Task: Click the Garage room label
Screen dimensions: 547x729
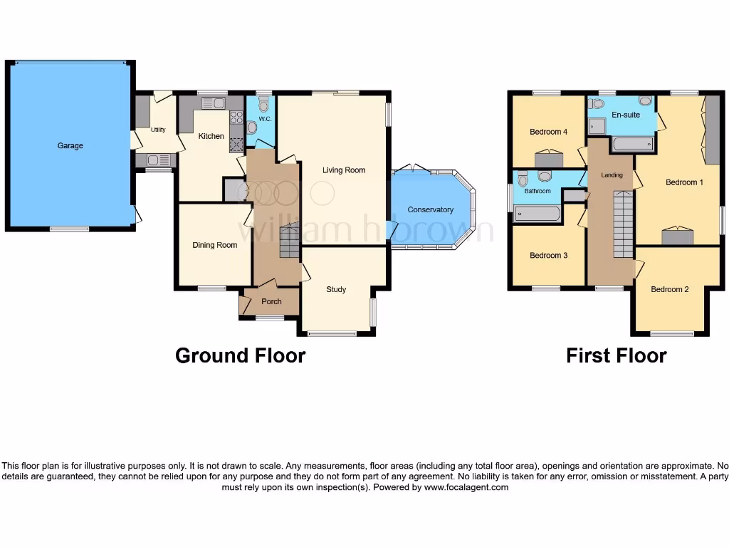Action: pyautogui.click(x=70, y=146)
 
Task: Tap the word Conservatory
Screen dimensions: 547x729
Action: pyautogui.click(x=430, y=210)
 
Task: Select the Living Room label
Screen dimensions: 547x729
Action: pyautogui.click(x=344, y=170)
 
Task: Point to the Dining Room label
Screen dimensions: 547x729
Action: pyautogui.click(x=214, y=246)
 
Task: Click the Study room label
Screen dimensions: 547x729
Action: pyautogui.click(x=336, y=290)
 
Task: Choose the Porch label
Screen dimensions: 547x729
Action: pyautogui.click(x=271, y=302)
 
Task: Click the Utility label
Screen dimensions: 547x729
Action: pyautogui.click(x=158, y=130)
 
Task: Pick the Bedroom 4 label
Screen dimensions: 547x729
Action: pyautogui.click(x=548, y=132)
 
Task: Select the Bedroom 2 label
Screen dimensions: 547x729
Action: pyautogui.click(x=670, y=289)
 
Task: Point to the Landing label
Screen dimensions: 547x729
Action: pyautogui.click(x=612, y=175)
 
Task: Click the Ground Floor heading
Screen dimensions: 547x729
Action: pyautogui.click(x=240, y=355)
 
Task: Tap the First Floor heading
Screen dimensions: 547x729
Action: pyautogui.click(x=616, y=355)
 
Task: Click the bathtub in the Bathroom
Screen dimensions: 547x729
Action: pyautogui.click(x=537, y=214)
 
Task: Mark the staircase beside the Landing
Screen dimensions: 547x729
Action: pyautogui.click(x=623, y=224)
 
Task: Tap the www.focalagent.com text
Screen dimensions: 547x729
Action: pyautogui.click(x=466, y=488)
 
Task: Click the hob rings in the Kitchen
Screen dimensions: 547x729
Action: pyautogui.click(x=235, y=120)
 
